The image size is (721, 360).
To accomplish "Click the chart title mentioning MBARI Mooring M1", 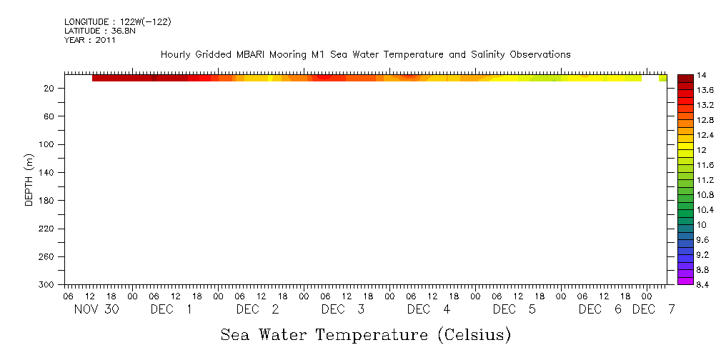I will pos(365,54).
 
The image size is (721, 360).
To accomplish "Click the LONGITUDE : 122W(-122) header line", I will pos(117,22).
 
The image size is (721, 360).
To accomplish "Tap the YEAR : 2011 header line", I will pos(89,40).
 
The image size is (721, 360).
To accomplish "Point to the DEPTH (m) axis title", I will pos(29,179).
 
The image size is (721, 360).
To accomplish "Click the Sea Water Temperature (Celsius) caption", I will pos(365,334).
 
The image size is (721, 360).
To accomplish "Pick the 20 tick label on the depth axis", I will pos(51,88).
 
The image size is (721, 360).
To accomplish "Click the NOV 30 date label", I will pos(96,309).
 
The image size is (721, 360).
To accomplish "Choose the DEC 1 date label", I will pos(171,309).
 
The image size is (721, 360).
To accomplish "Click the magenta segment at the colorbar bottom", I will pos(685,281).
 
